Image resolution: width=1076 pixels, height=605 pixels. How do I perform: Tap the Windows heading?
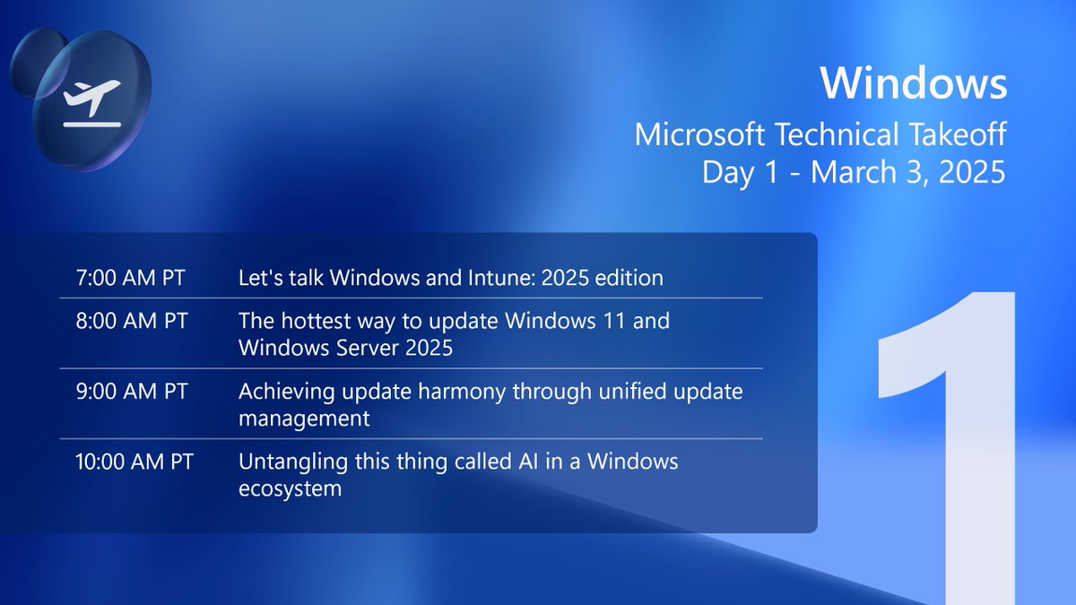pos(913,83)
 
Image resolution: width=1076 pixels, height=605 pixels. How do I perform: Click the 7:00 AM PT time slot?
pos(131,278)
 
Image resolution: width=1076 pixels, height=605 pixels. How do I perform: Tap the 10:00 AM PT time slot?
pos(135,462)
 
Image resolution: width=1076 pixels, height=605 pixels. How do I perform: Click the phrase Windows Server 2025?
pos(345,348)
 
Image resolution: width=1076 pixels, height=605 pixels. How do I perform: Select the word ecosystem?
pos(290,489)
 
